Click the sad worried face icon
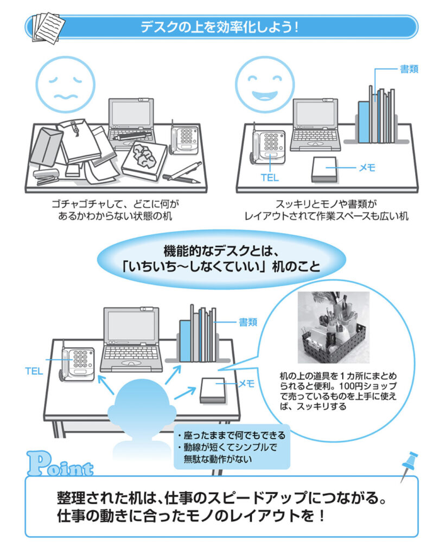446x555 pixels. tap(66, 84)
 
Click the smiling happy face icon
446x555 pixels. tap(265, 84)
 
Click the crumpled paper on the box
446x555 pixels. tap(144, 156)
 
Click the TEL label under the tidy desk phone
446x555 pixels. tap(270, 177)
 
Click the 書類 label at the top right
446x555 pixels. tap(409, 69)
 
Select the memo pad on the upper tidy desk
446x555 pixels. tap(324, 170)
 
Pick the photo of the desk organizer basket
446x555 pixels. tap(333, 327)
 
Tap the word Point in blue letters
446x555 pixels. tap(61, 464)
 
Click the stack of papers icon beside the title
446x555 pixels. tap(48, 28)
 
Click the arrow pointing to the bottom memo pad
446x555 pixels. tap(185, 393)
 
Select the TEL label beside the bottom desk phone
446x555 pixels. tap(34, 371)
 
